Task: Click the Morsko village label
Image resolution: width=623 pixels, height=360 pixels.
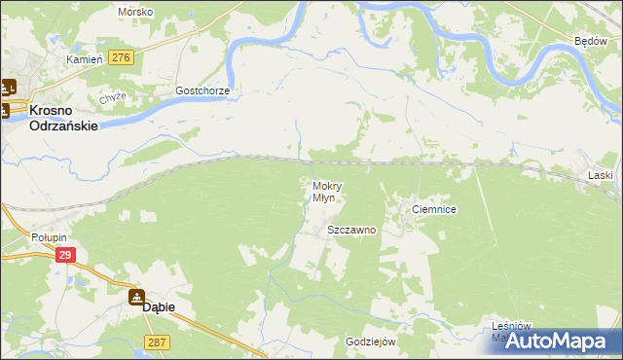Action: tap(134, 12)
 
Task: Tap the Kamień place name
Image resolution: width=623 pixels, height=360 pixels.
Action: tap(84, 59)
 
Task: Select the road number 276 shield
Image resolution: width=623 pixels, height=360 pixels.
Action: tap(122, 58)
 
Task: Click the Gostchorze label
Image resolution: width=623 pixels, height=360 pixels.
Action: tap(202, 90)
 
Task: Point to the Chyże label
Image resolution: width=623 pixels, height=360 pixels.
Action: tap(113, 99)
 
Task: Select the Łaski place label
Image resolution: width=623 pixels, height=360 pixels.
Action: tap(600, 175)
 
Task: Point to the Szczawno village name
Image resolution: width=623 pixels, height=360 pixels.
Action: tap(351, 231)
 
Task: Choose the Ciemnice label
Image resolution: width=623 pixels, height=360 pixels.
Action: tap(434, 209)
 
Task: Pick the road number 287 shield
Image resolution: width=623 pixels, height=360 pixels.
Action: tap(158, 342)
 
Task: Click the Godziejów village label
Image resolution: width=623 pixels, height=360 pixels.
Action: tap(370, 342)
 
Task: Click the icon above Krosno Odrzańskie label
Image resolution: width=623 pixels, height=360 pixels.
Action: tap(8, 86)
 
